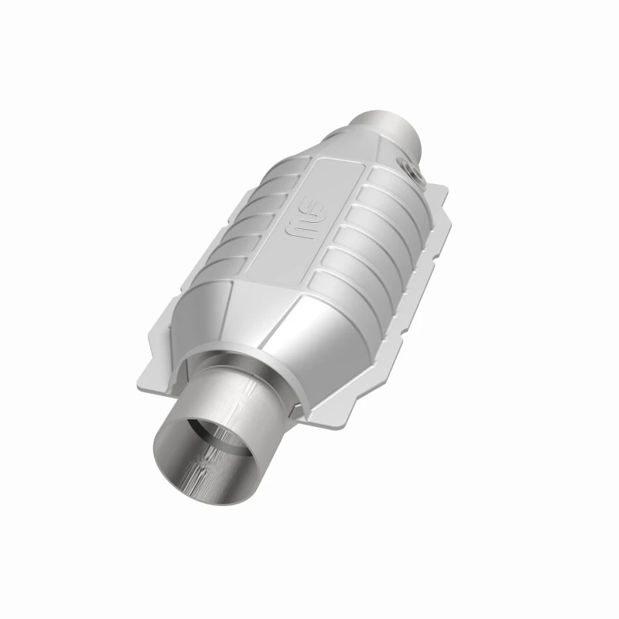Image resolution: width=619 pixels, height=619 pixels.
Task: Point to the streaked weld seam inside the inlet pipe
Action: [x=203, y=464]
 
